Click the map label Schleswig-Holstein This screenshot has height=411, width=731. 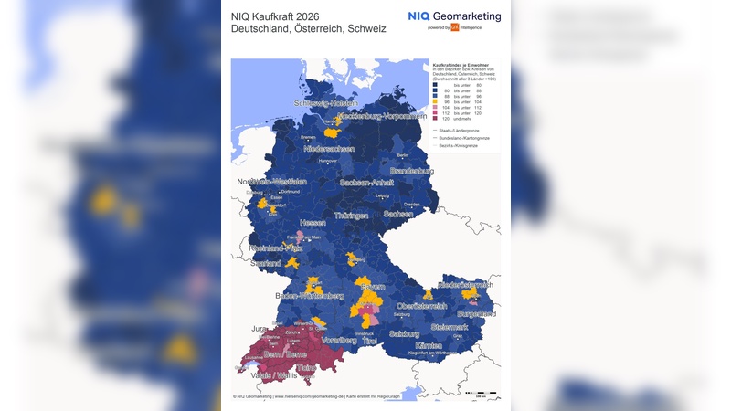(x=324, y=103)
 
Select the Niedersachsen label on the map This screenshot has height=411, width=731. (x=329, y=148)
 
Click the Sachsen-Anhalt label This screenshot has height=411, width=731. (x=366, y=183)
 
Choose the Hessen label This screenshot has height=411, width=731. (x=313, y=222)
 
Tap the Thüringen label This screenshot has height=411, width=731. (x=351, y=216)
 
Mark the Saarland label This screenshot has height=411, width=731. (x=265, y=262)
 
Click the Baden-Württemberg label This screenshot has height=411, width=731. (x=309, y=295)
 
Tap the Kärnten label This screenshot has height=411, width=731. (x=428, y=346)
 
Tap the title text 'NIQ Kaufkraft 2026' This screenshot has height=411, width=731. (x=275, y=16)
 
